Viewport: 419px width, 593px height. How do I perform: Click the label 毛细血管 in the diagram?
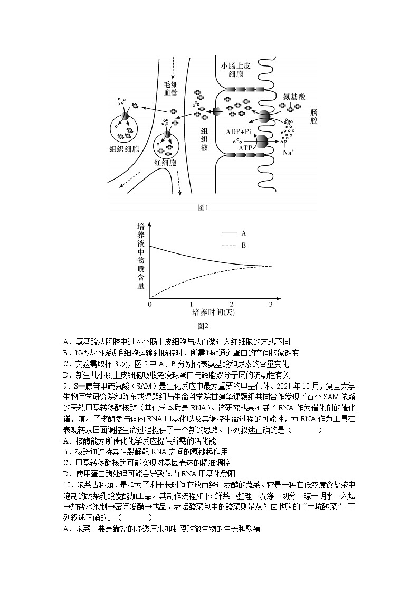170,88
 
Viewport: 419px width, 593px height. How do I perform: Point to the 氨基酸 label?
294,97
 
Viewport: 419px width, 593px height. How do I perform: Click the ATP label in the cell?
245,148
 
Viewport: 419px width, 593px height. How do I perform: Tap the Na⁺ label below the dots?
288,153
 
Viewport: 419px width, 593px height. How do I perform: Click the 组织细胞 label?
124,149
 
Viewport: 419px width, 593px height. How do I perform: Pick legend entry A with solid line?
244,232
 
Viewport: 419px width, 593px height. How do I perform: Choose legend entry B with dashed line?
244,245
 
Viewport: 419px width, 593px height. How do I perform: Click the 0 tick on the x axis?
150,304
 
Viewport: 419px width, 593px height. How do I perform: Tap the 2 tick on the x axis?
231,304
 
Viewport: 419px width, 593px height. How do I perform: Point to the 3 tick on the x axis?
271,304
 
